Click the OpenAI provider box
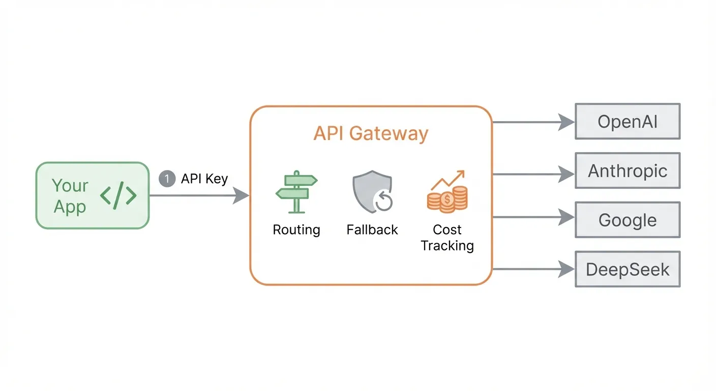(x=627, y=122)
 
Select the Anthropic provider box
(x=627, y=171)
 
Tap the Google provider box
(x=627, y=220)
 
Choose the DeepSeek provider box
(x=627, y=269)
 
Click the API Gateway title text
(x=371, y=133)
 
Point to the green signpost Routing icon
(x=296, y=191)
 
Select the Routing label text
(x=296, y=230)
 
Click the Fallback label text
(x=372, y=230)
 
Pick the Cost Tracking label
(x=447, y=237)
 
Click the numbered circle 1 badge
(x=167, y=179)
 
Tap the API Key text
(x=204, y=179)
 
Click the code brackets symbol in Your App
(x=118, y=195)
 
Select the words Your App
(x=70, y=196)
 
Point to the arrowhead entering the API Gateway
(x=241, y=195)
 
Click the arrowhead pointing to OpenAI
(x=566, y=122)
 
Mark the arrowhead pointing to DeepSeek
(x=566, y=269)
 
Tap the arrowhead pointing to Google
(x=566, y=218)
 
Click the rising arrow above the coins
(x=448, y=179)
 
